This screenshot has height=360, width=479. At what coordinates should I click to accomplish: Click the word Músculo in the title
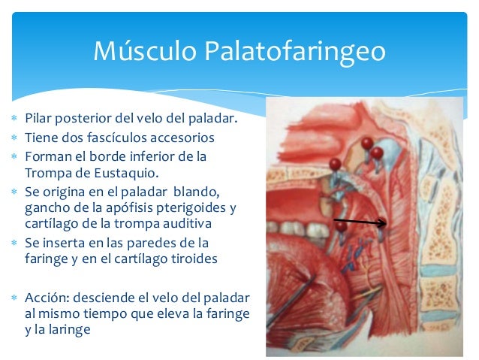click(x=141, y=51)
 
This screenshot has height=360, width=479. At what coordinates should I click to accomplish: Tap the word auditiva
click(x=184, y=223)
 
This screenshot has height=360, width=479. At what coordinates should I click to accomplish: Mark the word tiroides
click(x=196, y=259)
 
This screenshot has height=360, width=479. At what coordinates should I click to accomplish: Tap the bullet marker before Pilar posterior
click(x=14, y=119)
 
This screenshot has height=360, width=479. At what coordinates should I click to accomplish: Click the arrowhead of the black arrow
click(x=385, y=222)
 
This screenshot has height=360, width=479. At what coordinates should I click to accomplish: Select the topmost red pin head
click(x=366, y=142)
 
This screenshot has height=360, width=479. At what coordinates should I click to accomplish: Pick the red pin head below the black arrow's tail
click(x=341, y=226)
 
